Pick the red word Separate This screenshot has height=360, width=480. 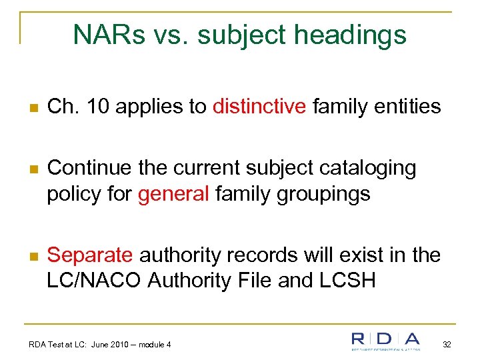[90, 255]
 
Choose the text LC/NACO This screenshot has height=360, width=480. [95, 281]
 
